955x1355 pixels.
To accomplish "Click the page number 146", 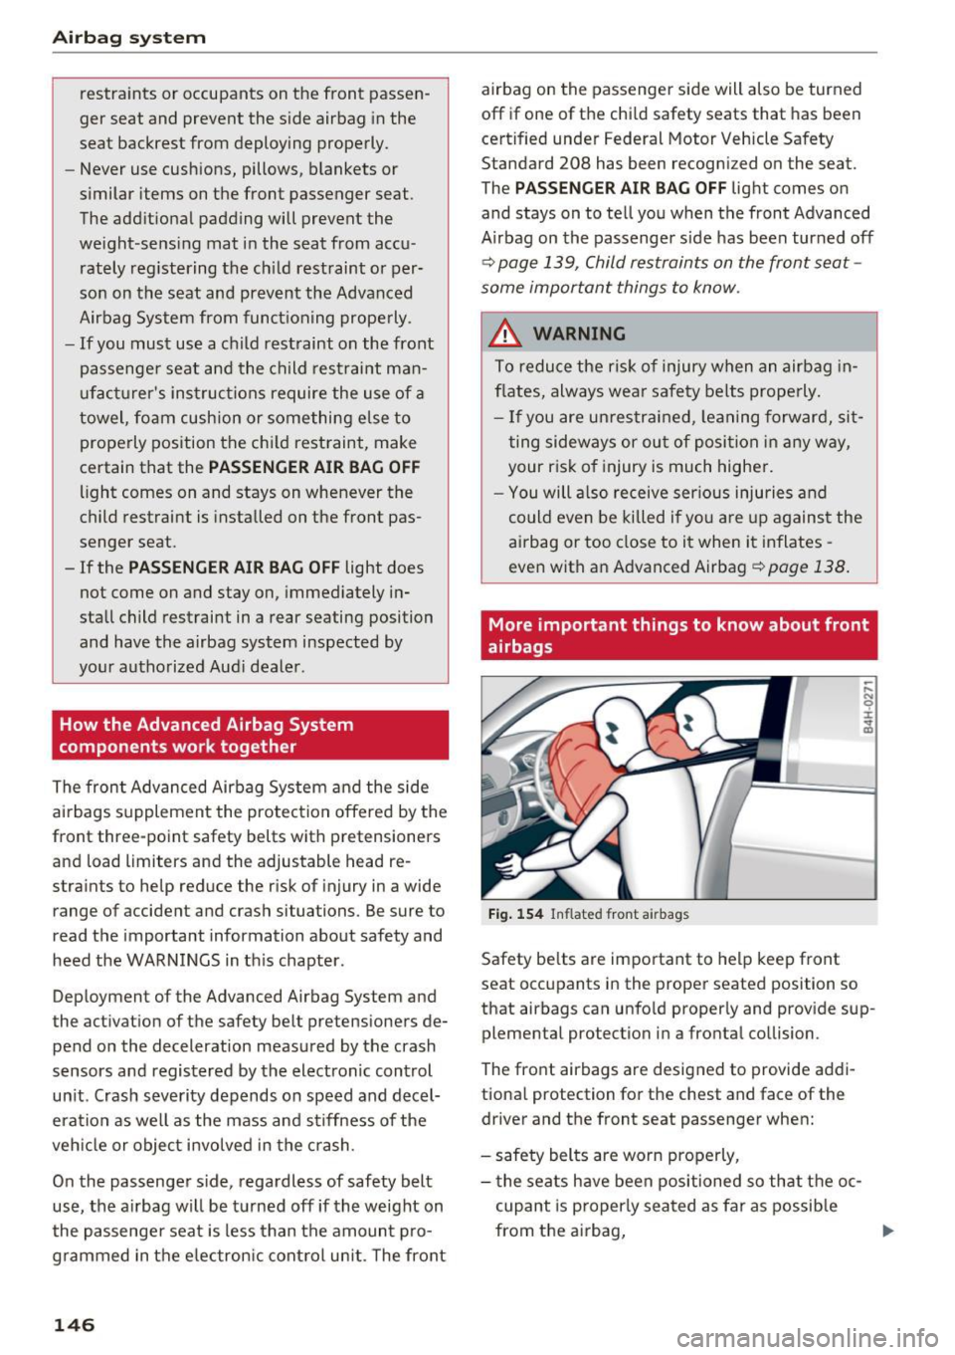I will (x=74, y=1324).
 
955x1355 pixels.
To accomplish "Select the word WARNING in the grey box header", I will (x=579, y=334).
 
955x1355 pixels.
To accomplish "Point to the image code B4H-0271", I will (x=868, y=707).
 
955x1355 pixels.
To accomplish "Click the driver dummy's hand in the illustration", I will (x=509, y=864).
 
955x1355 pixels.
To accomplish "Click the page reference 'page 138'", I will (x=807, y=566).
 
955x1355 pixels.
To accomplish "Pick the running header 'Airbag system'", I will (x=129, y=38).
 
